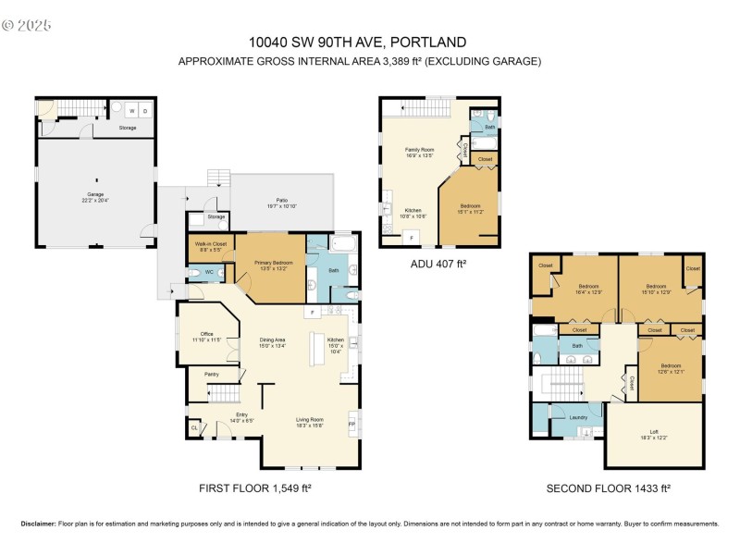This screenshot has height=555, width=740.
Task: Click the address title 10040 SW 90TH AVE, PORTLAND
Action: (x=357, y=42)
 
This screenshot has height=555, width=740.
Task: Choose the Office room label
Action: (x=206, y=334)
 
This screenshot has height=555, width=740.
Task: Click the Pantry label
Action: (x=212, y=375)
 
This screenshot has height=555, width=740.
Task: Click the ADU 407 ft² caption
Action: (x=439, y=264)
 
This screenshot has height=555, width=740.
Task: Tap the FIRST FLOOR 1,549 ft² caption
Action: (x=262, y=487)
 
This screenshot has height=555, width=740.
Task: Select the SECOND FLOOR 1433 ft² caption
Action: (x=608, y=487)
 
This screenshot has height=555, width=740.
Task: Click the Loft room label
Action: (x=653, y=431)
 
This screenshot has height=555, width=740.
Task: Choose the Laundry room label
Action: (x=579, y=417)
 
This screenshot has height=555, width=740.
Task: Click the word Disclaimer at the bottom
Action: (x=39, y=524)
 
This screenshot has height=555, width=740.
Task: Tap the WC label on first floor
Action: (x=209, y=272)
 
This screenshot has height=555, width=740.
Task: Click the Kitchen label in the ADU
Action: (x=413, y=210)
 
